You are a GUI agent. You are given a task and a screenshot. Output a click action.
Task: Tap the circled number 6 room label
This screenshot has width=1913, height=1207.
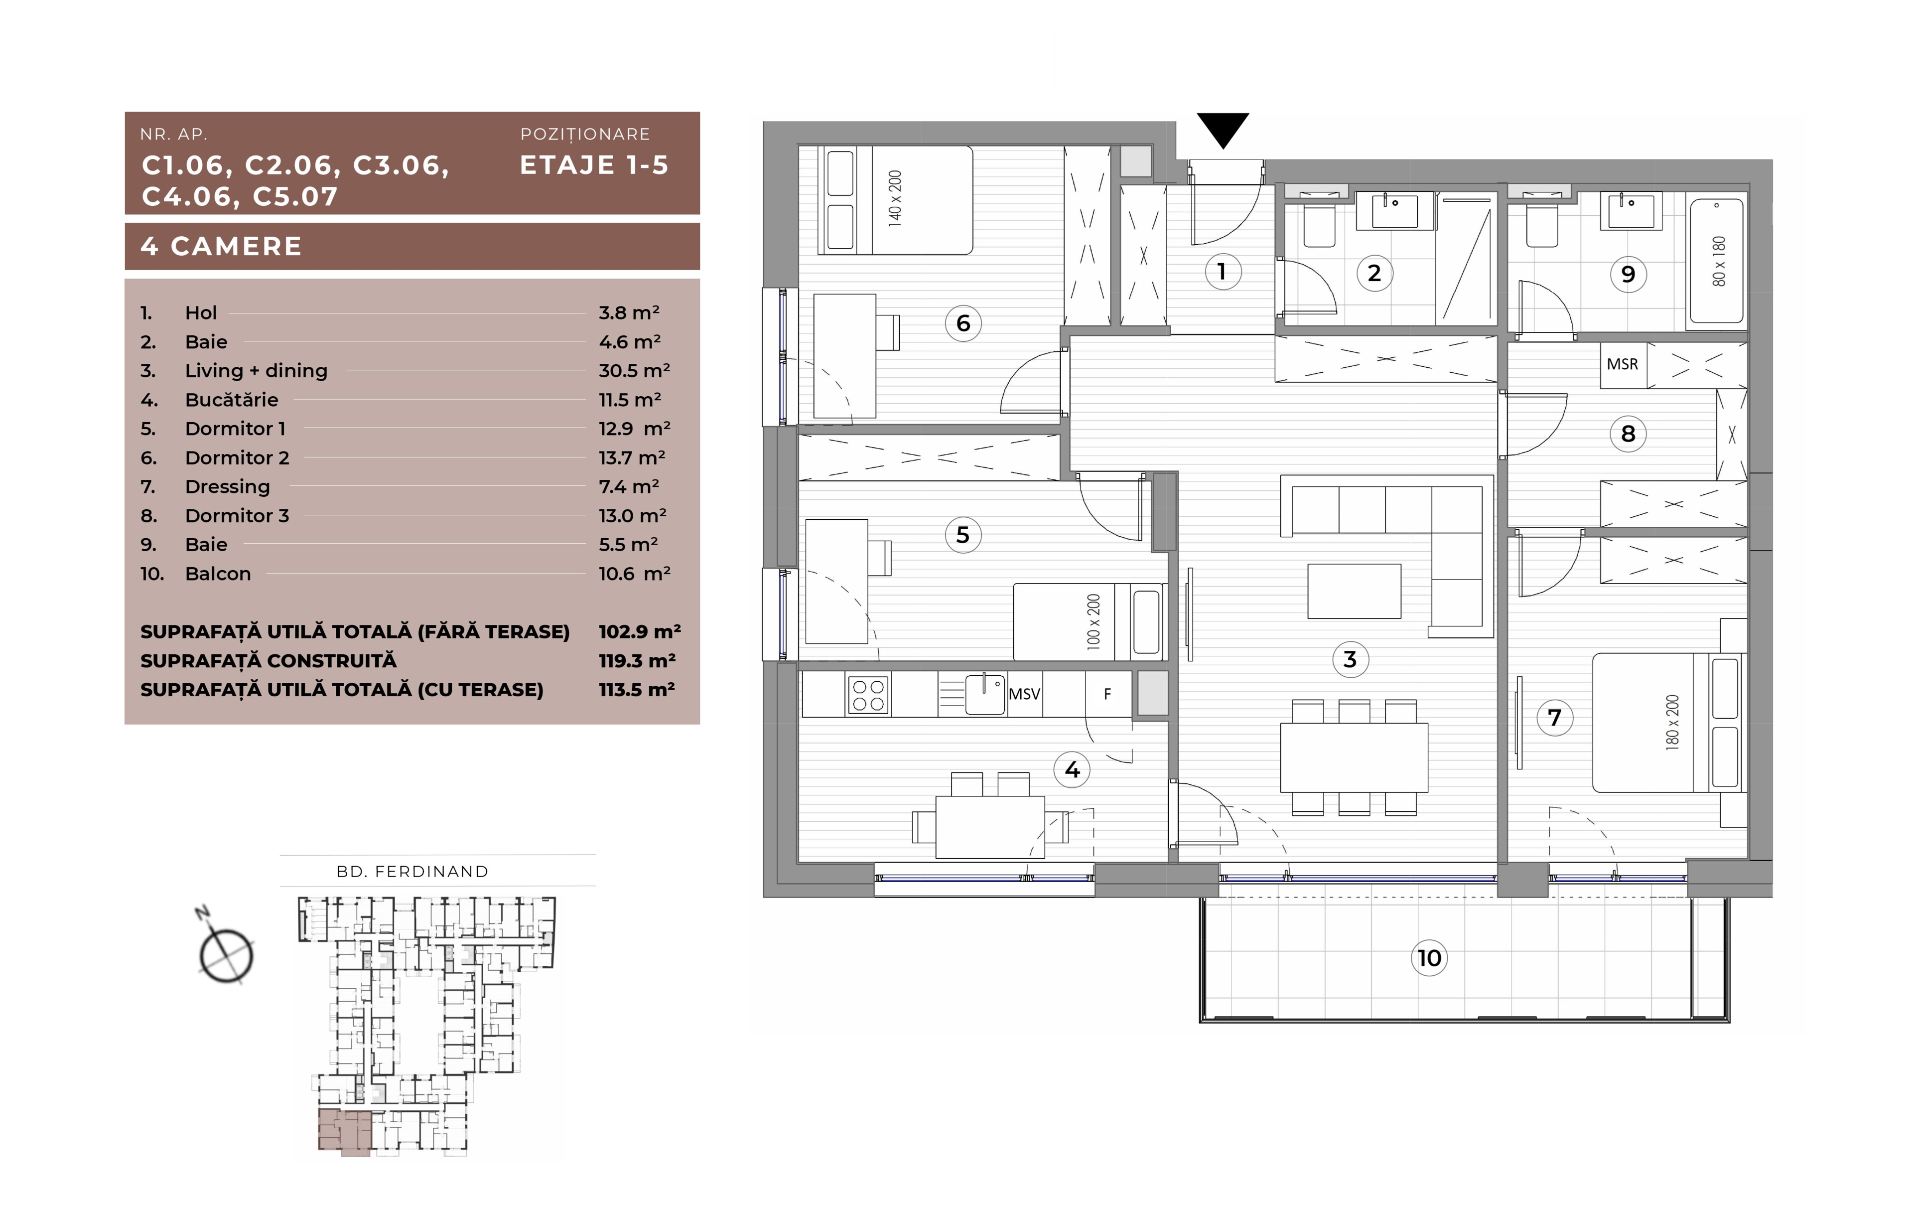963,323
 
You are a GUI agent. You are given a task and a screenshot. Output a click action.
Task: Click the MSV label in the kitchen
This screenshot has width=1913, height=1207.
1024,694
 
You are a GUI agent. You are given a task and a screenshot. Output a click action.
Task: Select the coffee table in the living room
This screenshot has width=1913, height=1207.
1354,591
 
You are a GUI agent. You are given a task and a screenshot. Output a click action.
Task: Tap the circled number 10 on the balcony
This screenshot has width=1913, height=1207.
1429,957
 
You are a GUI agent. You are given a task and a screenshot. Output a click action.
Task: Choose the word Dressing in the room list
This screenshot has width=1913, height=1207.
227,486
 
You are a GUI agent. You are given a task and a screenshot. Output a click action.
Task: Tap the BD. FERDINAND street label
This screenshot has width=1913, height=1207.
412,872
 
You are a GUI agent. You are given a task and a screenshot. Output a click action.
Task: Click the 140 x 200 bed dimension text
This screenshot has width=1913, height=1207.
895,199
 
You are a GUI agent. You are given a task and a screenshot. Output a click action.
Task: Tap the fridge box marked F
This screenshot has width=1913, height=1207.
1108,695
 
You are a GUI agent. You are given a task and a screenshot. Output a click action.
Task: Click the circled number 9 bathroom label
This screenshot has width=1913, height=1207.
1628,274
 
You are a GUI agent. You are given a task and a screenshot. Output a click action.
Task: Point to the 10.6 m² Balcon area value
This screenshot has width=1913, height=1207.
634,574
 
